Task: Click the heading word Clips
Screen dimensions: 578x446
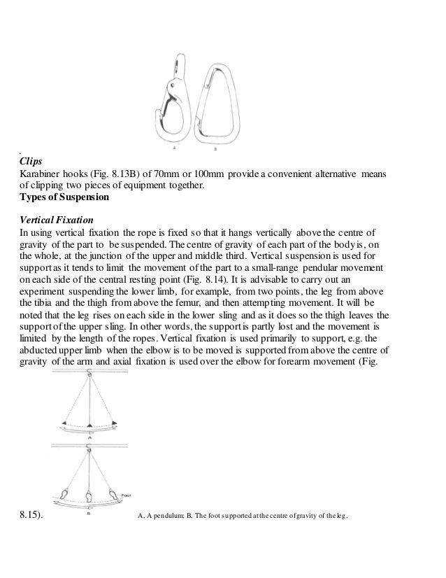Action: [31, 160]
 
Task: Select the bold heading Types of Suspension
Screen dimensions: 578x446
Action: [64, 197]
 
